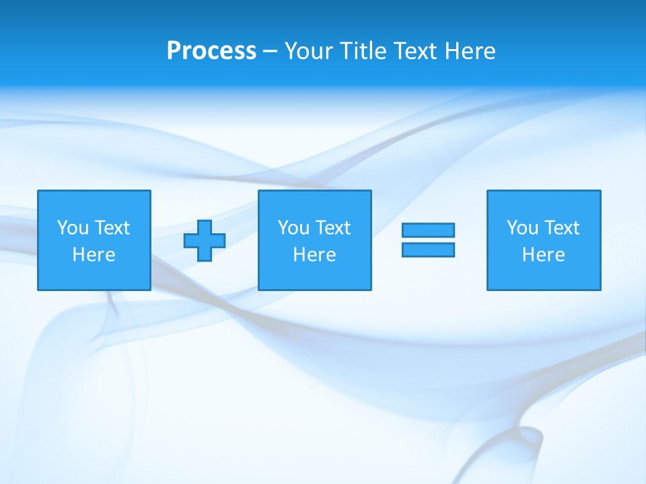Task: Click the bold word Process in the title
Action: coord(211,51)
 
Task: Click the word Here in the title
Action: coord(470,51)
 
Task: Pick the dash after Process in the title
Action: coord(270,52)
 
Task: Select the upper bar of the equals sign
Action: coord(428,230)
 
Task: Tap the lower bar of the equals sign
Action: coord(428,249)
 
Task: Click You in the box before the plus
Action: coord(73,228)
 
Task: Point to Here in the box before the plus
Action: coord(94,255)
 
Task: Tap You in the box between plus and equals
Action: coord(293,228)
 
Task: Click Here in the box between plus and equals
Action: coord(315,255)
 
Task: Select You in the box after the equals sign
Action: coord(522,228)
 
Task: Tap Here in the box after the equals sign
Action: coord(544,255)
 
